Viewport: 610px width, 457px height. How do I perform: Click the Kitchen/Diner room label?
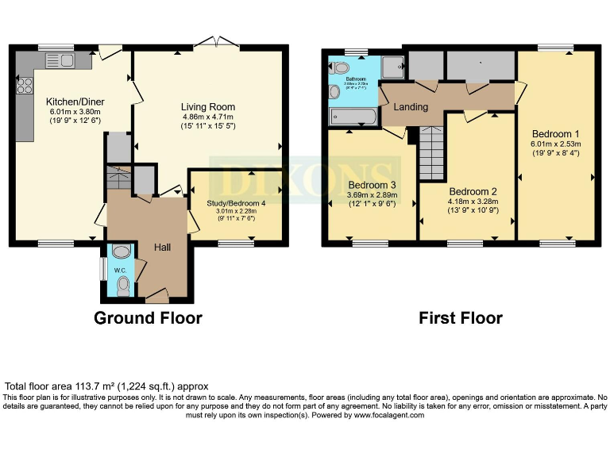pos(75,102)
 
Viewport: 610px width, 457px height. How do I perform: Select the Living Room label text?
pos(207,106)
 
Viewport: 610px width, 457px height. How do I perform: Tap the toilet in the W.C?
pos(122,289)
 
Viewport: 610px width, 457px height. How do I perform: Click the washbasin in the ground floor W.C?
pos(119,252)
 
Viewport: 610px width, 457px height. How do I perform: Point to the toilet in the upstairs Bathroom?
pos(340,67)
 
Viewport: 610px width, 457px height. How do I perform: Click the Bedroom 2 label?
pos(473,191)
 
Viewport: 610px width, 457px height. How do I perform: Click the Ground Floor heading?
pos(148,318)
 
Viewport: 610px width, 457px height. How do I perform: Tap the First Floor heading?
pos(461,318)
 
